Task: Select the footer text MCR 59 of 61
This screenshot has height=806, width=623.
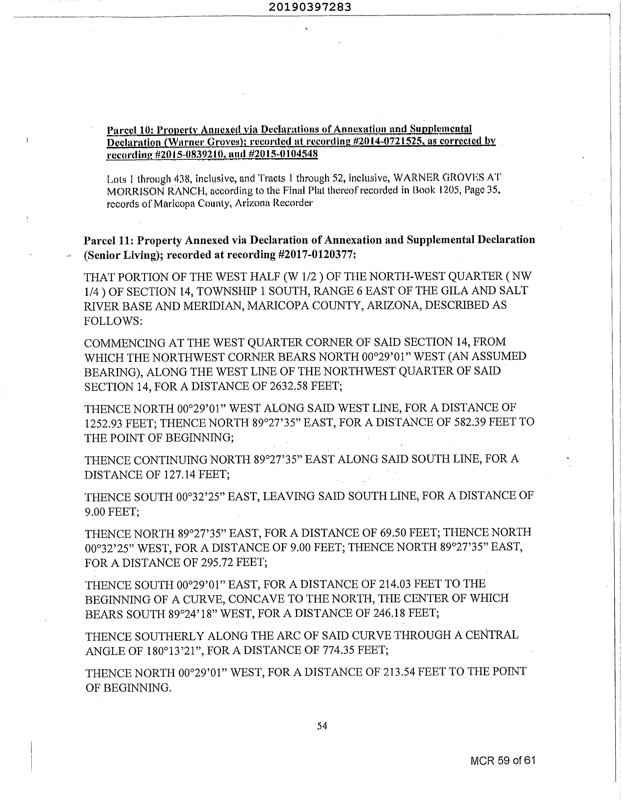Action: point(503,760)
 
